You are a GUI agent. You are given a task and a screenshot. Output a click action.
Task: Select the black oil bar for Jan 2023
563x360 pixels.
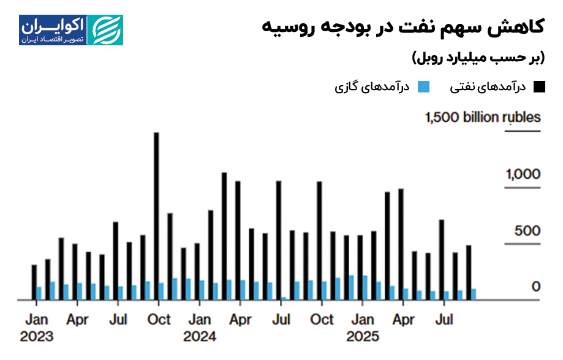(34, 282)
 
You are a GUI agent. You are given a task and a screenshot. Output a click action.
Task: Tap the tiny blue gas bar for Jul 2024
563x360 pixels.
(284, 299)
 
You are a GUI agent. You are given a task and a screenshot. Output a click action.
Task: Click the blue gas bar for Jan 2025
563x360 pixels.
(365, 288)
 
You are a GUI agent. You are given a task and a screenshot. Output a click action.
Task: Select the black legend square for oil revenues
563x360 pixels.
(538, 87)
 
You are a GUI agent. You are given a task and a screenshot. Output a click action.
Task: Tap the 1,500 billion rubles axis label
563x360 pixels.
(483, 118)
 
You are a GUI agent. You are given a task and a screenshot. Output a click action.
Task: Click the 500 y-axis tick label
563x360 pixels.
(529, 231)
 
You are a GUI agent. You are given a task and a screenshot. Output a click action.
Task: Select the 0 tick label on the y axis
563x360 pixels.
(536, 287)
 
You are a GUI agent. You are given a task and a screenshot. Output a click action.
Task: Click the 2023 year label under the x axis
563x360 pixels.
(36, 336)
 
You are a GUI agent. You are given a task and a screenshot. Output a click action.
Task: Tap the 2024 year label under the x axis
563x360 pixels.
(200, 336)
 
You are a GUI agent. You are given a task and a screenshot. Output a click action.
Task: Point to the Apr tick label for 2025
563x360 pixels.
(403, 320)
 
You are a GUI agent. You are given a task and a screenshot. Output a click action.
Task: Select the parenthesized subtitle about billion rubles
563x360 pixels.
(477, 58)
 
